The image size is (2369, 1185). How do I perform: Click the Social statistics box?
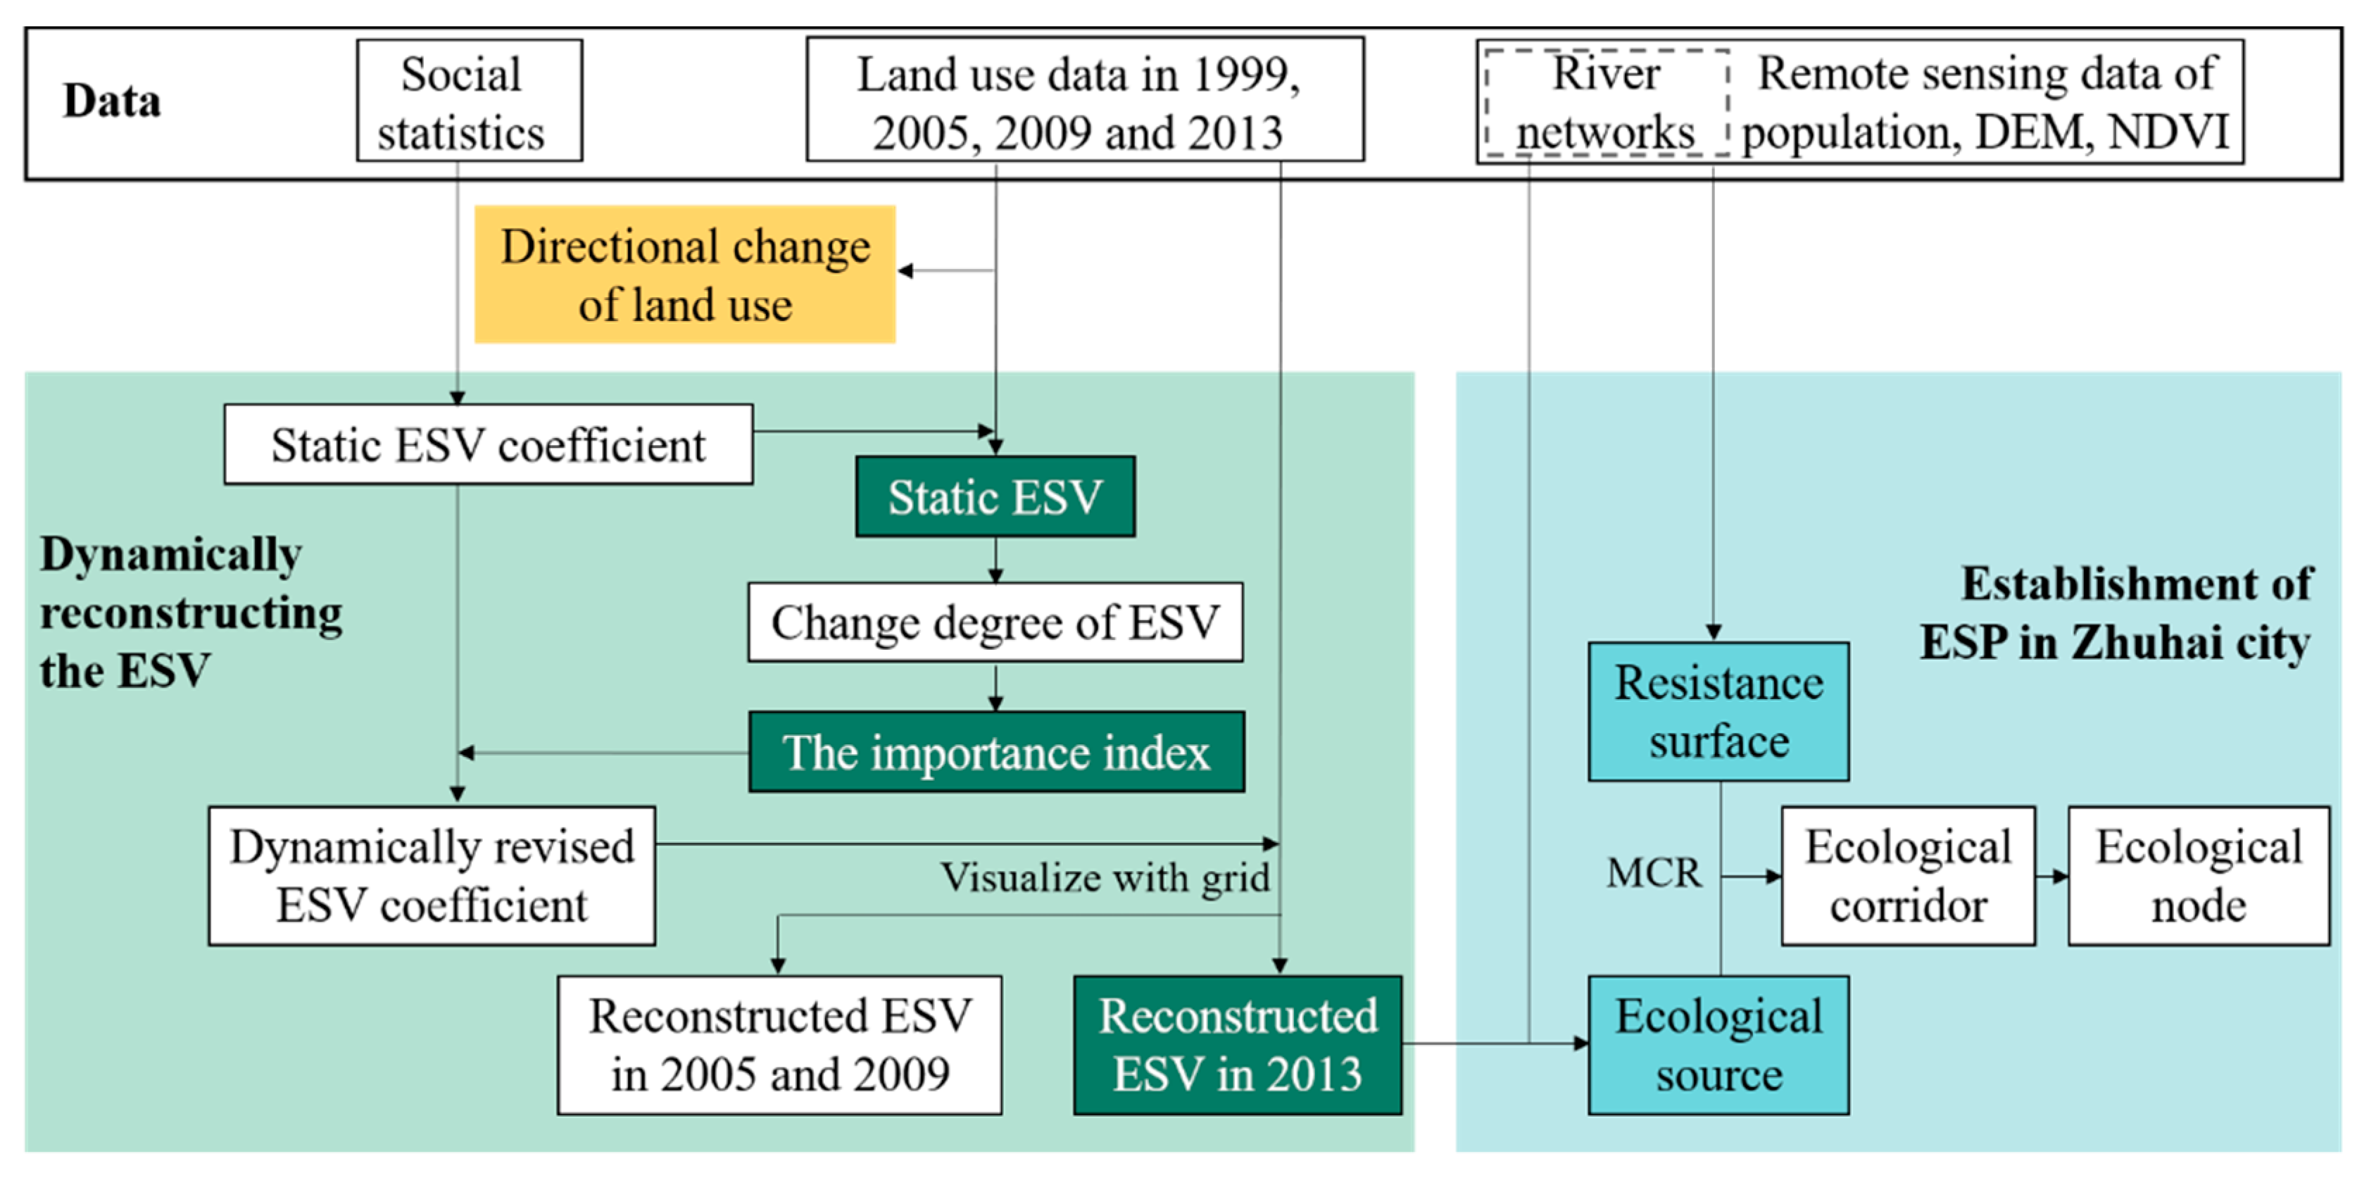click(469, 101)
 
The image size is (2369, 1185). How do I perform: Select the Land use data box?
click(1084, 101)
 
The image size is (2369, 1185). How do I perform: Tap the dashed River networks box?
click(1606, 103)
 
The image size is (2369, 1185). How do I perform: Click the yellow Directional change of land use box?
click(684, 274)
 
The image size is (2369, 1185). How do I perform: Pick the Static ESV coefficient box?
click(489, 444)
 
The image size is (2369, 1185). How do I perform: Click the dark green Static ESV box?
click(994, 497)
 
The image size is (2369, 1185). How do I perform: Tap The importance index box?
click(996, 752)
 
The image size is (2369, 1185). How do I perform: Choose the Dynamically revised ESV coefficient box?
click(432, 875)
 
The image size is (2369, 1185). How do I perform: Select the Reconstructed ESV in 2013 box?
click(1237, 1044)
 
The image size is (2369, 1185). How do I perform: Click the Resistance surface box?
click(1718, 711)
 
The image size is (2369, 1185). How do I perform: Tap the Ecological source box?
click(1718, 1044)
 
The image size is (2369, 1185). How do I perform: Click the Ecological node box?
click(2198, 875)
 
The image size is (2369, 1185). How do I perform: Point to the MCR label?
click(1652, 872)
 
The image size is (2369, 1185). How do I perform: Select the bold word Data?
click(111, 101)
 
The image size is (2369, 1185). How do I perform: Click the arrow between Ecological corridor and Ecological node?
click(2053, 876)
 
